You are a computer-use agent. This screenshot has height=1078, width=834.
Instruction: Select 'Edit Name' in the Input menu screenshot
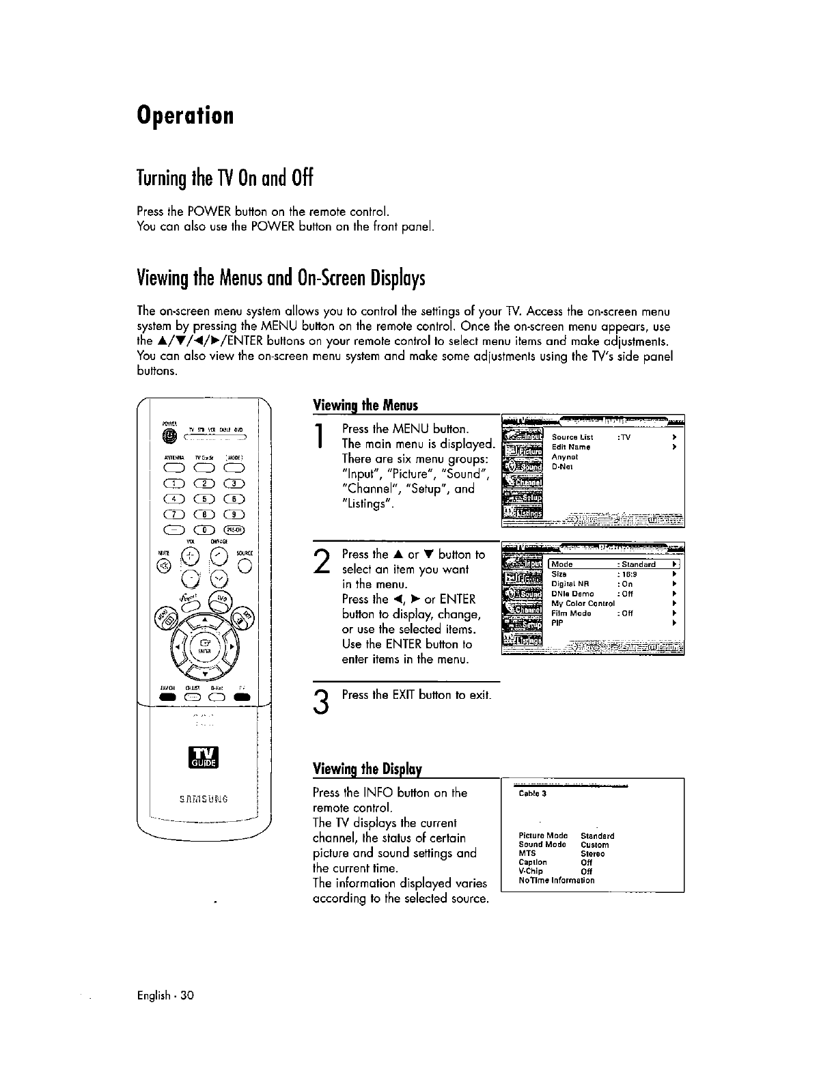571,447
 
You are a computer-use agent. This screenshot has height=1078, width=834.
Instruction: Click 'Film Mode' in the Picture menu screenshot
571,613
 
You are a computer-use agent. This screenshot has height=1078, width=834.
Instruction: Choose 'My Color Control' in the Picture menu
583,603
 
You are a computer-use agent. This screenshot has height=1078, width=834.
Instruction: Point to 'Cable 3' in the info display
533,794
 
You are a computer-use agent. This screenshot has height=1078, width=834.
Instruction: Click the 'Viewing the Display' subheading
367,769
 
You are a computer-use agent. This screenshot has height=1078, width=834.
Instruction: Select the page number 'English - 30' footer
165,1014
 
